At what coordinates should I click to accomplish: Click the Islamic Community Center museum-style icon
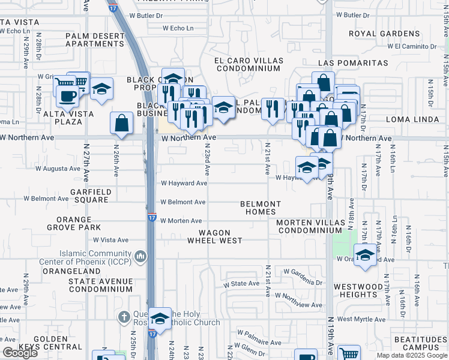pos(141,257)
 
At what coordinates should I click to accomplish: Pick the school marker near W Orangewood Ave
pos(365,254)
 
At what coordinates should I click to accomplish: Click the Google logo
pos(20,353)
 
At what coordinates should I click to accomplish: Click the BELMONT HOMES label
pos(261,208)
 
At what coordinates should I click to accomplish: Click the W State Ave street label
pos(246,283)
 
